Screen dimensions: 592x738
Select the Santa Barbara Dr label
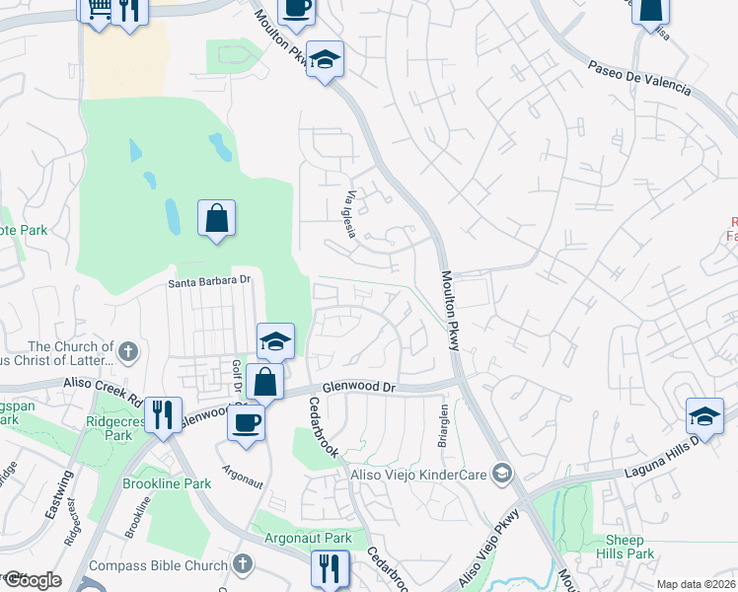click(210, 281)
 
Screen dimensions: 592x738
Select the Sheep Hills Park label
click(625, 547)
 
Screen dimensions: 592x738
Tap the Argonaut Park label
click(309, 539)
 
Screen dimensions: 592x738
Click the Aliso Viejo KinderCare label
click(419, 475)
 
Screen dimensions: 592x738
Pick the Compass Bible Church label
click(159, 565)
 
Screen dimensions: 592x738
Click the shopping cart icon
click(98, 9)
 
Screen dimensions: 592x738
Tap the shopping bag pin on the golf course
click(216, 218)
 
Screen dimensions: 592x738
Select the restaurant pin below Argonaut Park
click(329, 568)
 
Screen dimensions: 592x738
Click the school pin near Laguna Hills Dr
click(705, 416)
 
